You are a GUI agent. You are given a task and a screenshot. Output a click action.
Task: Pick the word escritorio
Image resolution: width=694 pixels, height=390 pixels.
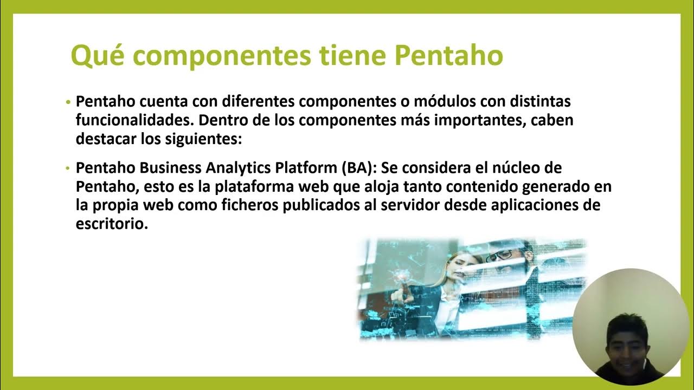point(112,224)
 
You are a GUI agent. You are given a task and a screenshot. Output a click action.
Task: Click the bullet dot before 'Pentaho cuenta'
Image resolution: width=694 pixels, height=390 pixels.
point(68,102)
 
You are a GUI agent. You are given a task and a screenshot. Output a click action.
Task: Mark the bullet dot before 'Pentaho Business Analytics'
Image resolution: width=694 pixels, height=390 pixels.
point(68,168)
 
